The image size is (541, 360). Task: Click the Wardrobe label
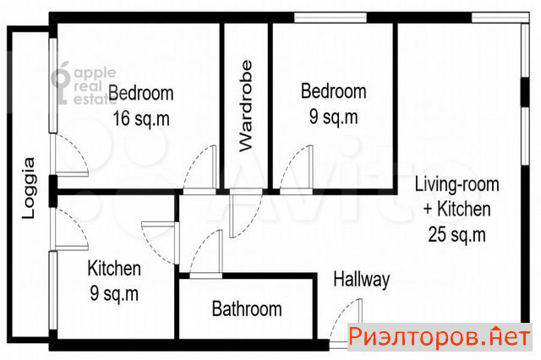click(x=246, y=106)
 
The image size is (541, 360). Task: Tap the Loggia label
click(x=29, y=188)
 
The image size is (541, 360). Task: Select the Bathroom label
click(x=247, y=308)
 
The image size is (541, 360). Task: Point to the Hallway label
click(x=362, y=279)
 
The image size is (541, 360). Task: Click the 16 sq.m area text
click(x=141, y=118)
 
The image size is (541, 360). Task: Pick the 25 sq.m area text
click(x=456, y=234)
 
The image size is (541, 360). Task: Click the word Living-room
click(x=456, y=184)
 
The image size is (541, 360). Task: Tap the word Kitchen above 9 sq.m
click(x=114, y=268)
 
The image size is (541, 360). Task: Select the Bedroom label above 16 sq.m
click(x=141, y=93)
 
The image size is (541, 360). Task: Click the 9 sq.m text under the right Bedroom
click(x=333, y=117)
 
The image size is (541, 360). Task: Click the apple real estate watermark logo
click(x=84, y=83)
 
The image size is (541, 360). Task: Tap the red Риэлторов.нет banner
click(x=440, y=337)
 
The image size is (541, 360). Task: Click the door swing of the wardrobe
click(x=246, y=214)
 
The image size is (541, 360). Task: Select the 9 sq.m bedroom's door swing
click(x=296, y=170)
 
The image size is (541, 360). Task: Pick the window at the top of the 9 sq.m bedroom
click(x=331, y=17)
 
